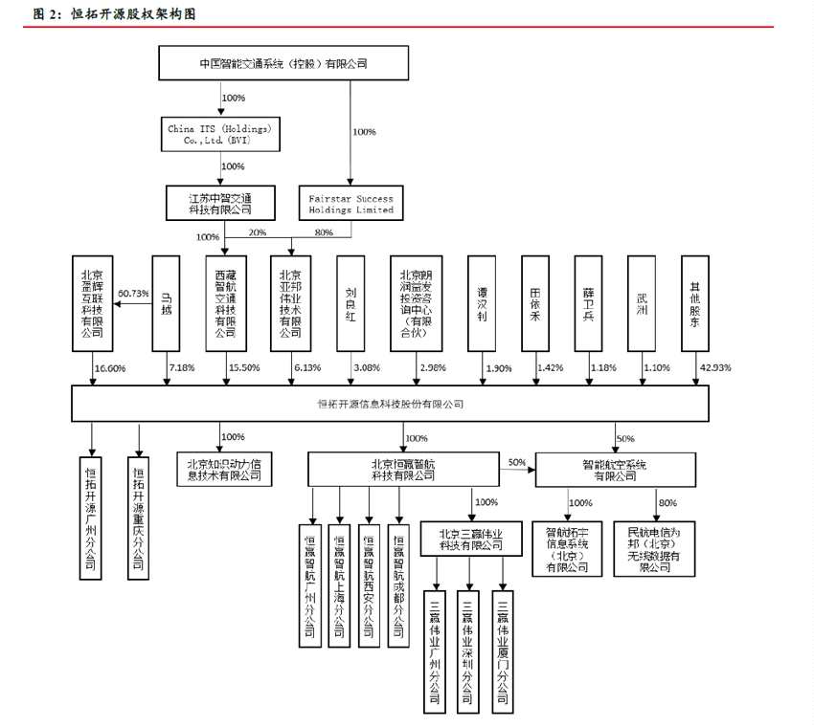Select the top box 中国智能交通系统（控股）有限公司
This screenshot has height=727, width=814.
[283, 64]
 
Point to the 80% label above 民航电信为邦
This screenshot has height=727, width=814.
[667, 502]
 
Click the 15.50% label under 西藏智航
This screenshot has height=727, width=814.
[243, 367]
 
